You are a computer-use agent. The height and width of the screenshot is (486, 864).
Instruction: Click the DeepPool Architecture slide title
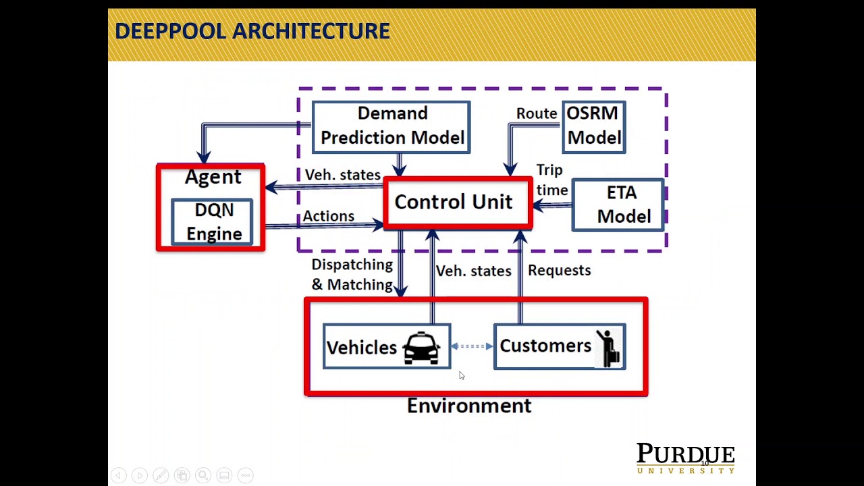(x=252, y=31)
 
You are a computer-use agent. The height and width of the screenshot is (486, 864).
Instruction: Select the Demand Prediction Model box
(x=391, y=126)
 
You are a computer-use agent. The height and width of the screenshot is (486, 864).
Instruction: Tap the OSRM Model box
(x=593, y=126)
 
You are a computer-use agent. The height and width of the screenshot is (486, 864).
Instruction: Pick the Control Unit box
(x=454, y=202)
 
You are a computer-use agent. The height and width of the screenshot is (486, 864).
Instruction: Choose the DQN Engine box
(x=213, y=222)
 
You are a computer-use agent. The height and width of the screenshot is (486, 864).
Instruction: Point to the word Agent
(x=213, y=177)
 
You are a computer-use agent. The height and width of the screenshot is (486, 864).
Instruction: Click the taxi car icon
(x=421, y=348)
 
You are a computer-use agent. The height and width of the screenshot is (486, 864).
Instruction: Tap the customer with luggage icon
(x=608, y=348)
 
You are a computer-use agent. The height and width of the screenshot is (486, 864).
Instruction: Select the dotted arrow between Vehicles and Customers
(x=472, y=346)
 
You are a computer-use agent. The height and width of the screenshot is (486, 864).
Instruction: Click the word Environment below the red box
(x=469, y=406)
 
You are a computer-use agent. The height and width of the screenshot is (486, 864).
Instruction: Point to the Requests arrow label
(x=559, y=270)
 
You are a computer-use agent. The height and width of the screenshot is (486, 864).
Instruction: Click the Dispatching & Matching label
(x=352, y=275)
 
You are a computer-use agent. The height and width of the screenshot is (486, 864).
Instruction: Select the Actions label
(x=328, y=216)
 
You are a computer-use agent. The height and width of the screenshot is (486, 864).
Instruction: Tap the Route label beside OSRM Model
(x=537, y=113)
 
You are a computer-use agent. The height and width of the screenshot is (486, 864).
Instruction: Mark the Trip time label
(x=551, y=180)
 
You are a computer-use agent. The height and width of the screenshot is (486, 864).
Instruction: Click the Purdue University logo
(x=685, y=458)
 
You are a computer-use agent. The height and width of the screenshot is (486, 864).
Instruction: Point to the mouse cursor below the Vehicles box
(x=462, y=375)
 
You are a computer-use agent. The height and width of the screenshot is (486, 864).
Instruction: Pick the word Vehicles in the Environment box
(x=362, y=348)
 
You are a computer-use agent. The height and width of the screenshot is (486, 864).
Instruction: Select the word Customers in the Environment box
(x=545, y=346)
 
